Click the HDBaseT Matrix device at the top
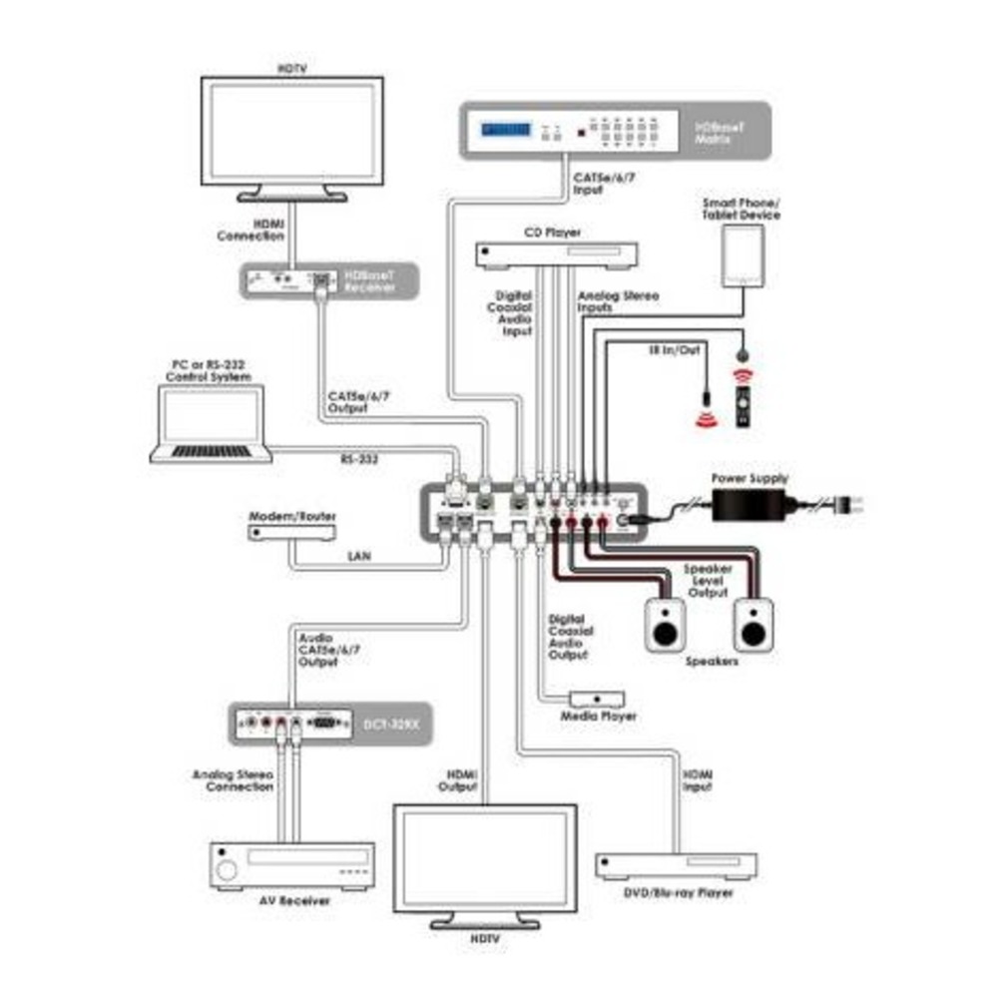[614, 130]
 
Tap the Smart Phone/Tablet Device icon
[740, 256]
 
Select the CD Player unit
[556, 256]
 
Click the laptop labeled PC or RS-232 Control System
[211, 424]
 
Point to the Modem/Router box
[291, 534]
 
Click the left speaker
[665, 626]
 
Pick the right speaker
[752, 626]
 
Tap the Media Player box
[597, 699]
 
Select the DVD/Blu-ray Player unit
[676, 865]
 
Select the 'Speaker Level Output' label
[708, 581]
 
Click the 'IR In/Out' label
[665, 350]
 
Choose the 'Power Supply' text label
[749, 478]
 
